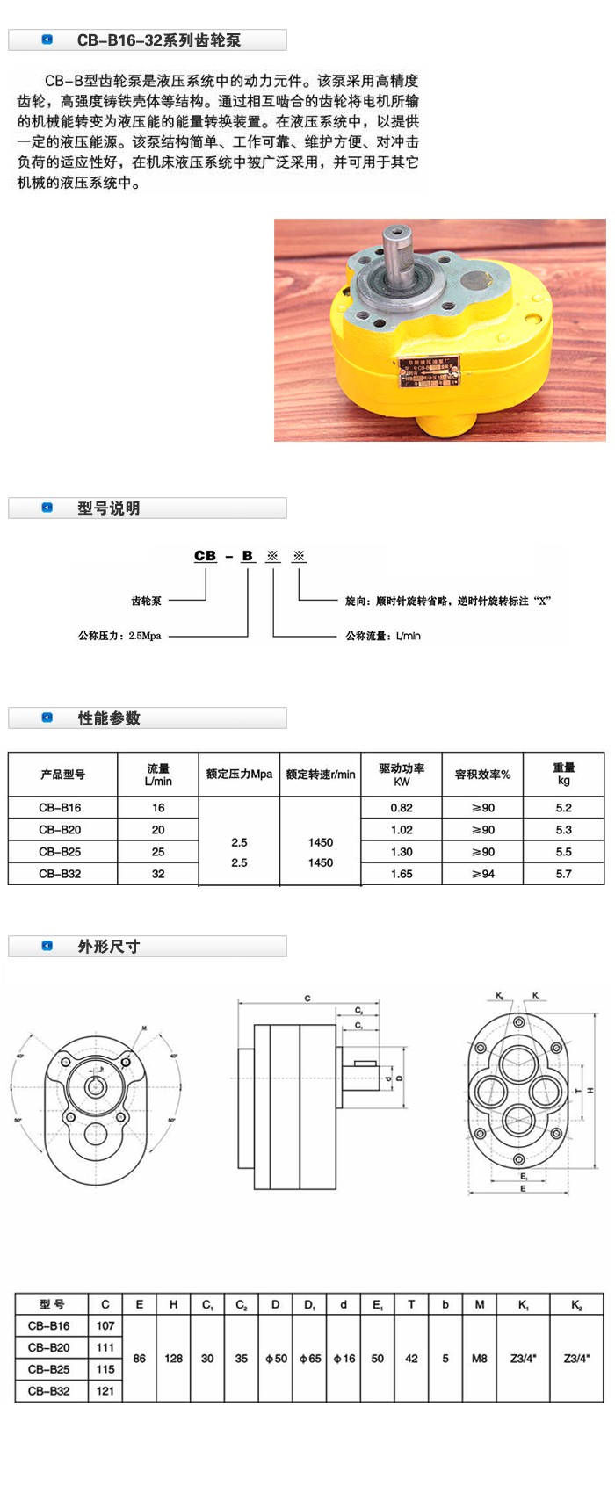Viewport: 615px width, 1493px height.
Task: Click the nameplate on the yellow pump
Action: tap(429, 372)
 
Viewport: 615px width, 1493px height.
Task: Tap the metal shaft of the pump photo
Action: tap(396, 254)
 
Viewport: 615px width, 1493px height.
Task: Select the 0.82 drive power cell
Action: tap(402, 808)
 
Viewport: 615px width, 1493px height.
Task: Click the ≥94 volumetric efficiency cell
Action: tap(482, 874)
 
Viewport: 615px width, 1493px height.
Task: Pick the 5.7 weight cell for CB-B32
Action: tap(563, 874)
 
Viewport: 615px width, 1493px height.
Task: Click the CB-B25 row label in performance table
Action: tap(60, 852)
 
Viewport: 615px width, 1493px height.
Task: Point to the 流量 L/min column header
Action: tap(158, 775)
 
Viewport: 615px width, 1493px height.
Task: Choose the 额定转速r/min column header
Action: tap(321, 775)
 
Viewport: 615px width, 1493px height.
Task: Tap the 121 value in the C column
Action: tap(105, 1391)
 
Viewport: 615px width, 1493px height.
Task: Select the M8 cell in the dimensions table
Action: tap(479, 1359)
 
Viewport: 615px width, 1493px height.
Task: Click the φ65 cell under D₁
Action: tap(309, 1359)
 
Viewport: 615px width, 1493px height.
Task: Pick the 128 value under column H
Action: tap(173, 1359)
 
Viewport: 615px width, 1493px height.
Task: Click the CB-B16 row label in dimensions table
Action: tap(49, 1326)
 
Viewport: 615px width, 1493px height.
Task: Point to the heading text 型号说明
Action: tap(108, 508)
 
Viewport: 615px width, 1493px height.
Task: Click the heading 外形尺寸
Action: tap(108, 947)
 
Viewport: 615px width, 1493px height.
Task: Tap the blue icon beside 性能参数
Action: tap(47, 718)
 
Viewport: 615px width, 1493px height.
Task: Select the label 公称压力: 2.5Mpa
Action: tap(119, 636)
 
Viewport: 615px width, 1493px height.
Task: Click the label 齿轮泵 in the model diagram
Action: tap(147, 602)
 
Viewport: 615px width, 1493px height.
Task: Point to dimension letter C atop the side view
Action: tap(307, 999)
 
